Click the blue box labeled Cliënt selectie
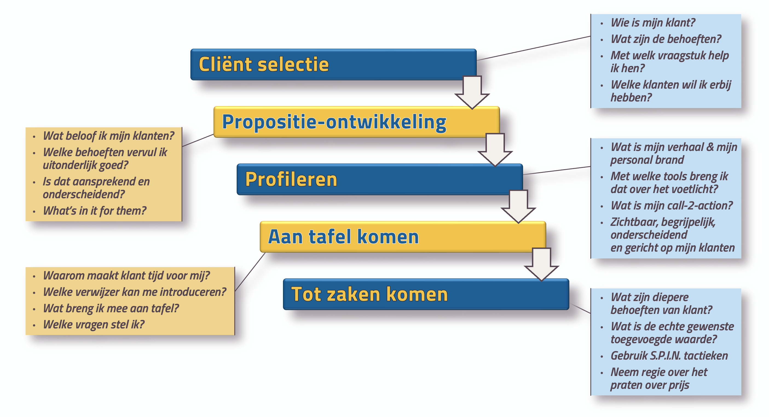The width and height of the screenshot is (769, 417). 333,65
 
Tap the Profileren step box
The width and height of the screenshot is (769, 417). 380,179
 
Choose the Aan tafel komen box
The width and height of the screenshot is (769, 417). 403,237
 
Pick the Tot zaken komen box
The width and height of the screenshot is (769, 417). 426,294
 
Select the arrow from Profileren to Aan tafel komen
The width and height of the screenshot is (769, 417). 518,207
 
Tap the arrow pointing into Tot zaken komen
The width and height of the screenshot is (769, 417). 541,264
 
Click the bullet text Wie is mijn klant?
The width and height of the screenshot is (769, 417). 653,23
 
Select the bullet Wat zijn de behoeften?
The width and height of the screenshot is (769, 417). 666,39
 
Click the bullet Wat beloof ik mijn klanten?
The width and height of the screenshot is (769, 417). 108,136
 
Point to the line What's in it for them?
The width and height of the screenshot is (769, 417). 95,211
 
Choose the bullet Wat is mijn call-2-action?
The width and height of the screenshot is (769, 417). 672,206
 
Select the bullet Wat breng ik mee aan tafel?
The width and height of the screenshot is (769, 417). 111,308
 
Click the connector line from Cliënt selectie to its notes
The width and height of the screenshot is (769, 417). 534,48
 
